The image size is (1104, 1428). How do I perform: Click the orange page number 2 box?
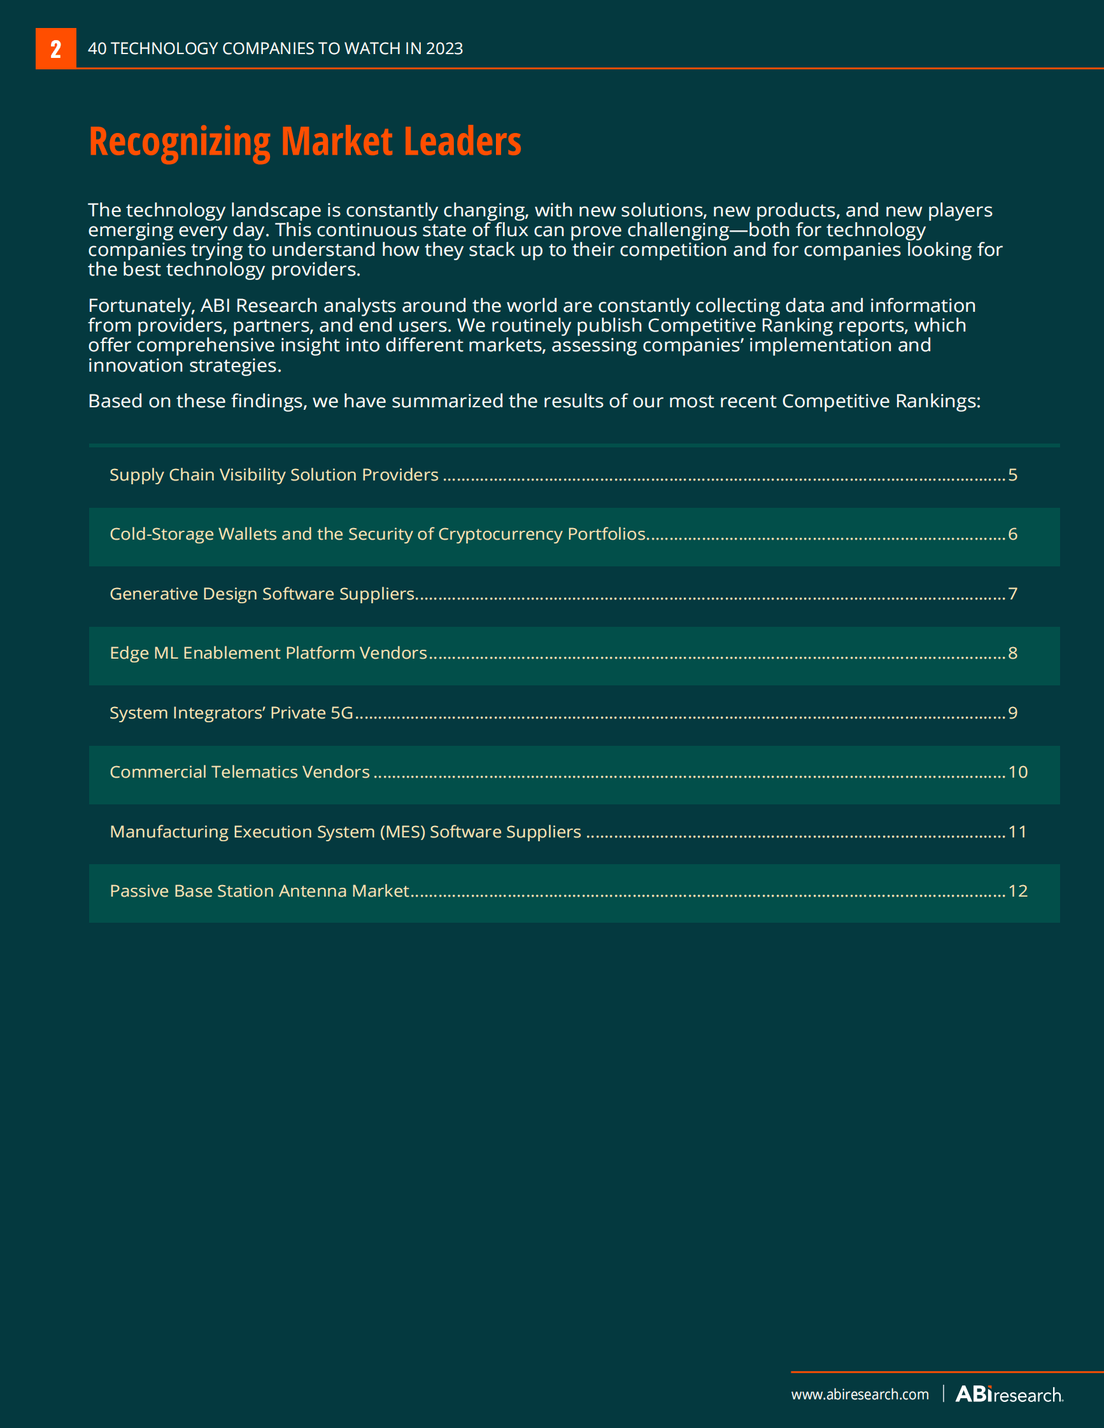click(55, 48)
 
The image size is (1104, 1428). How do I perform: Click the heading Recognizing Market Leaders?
click(305, 141)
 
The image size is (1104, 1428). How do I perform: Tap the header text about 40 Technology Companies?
click(274, 48)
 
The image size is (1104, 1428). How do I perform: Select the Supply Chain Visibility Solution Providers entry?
click(273, 475)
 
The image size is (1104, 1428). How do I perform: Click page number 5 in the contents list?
click(1012, 475)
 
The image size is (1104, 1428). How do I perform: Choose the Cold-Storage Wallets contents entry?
click(378, 534)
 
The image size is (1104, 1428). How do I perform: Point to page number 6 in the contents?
click(1012, 534)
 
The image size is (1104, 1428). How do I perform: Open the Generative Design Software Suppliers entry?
click(262, 594)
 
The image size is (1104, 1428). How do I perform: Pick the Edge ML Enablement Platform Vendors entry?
click(268, 653)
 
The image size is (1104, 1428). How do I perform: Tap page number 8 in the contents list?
click(1012, 653)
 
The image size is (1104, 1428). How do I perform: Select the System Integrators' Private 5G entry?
click(231, 713)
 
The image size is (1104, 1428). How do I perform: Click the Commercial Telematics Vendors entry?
click(239, 772)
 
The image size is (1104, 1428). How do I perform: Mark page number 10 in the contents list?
click(1017, 772)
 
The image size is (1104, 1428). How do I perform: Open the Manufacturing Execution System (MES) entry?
click(344, 832)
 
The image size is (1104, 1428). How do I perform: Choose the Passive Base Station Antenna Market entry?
click(259, 891)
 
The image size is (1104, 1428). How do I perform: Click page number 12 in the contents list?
click(1017, 891)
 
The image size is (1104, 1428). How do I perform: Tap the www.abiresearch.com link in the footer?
click(860, 1394)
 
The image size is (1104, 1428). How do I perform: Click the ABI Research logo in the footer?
click(1009, 1394)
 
